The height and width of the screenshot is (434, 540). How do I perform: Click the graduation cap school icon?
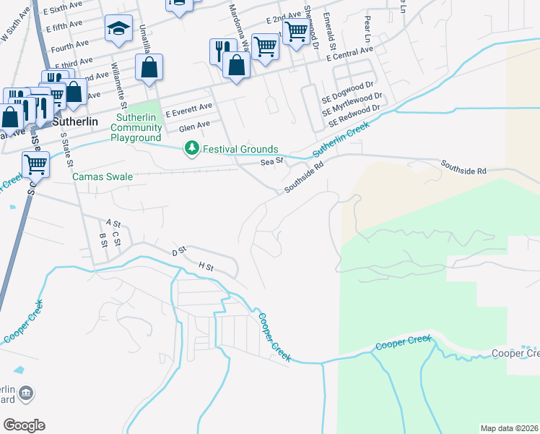coord(118,29)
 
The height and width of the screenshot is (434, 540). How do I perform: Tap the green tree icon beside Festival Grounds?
coord(191,149)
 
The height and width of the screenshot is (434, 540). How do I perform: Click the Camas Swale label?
coord(102,176)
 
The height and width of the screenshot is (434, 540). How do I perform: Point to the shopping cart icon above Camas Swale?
coord(35,164)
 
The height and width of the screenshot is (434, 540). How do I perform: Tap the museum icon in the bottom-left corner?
coord(27,393)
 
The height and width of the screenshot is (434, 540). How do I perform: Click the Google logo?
coord(24,425)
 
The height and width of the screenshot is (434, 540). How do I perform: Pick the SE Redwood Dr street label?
coord(354,117)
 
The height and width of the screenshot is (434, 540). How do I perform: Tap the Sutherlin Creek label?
coord(341,140)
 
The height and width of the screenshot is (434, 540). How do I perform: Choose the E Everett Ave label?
coord(188,110)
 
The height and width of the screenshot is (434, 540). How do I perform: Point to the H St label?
coord(206,268)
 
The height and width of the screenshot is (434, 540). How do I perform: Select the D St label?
coord(179,250)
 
